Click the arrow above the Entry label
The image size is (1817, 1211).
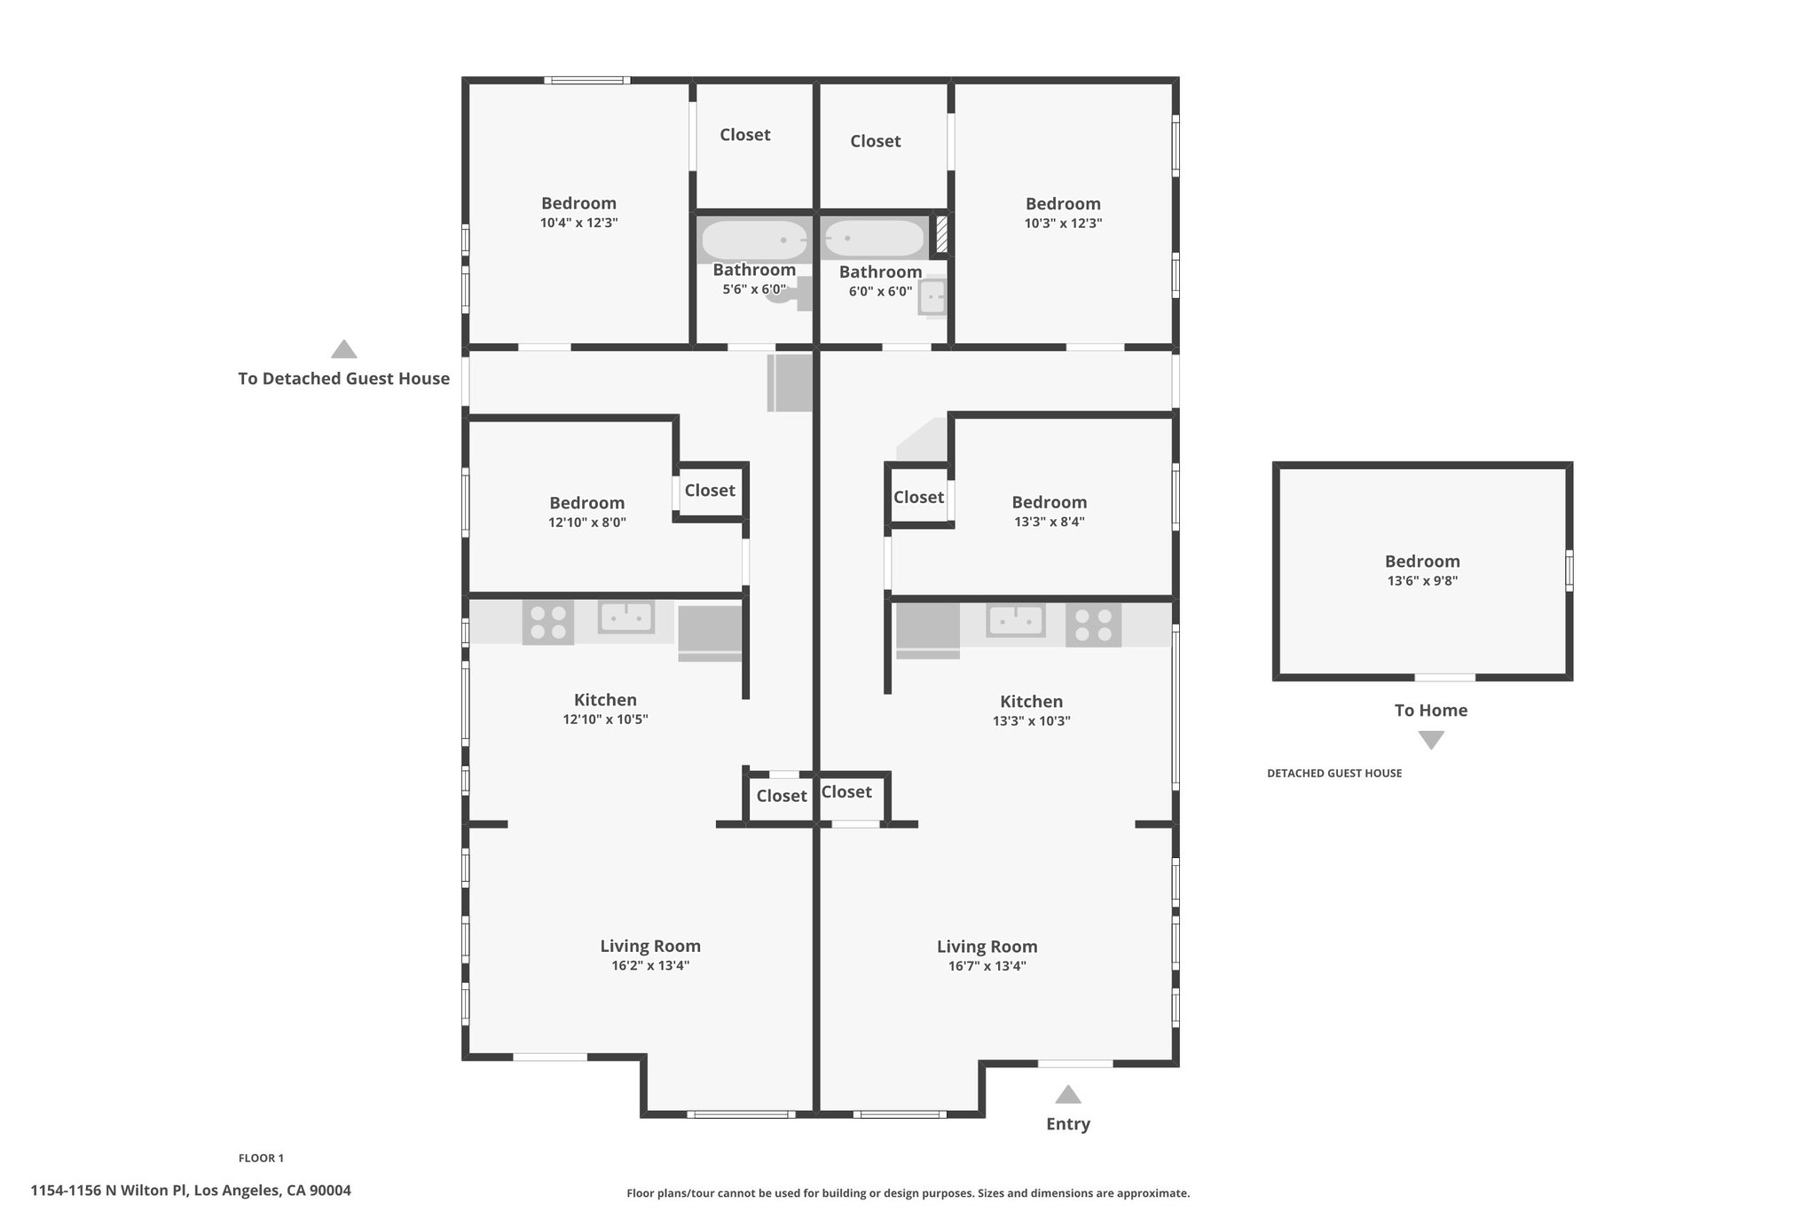[x=1067, y=1095]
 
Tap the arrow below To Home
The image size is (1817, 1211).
[x=1431, y=740]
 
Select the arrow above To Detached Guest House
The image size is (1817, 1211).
[x=343, y=349]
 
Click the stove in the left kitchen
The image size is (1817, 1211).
[x=547, y=622]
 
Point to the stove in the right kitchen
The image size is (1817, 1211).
[x=1093, y=625]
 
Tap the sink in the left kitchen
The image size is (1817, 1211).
[x=626, y=617]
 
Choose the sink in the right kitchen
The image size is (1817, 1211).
[x=1016, y=620]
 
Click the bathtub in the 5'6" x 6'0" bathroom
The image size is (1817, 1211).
[x=754, y=240]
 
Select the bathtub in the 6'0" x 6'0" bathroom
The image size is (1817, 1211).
[x=874, y=239]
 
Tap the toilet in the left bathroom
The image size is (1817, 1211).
[x=791, y=294]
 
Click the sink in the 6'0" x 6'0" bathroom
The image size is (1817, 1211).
[x=932, y=297]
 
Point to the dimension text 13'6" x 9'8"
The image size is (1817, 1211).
[x=1422, y=581]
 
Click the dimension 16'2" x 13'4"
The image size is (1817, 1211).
[x=650, y=965]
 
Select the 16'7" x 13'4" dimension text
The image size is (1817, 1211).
[x=987, y=966]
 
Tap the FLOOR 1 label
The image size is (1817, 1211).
[x=261, y=1158]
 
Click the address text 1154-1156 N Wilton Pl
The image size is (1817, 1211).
[x=109, y=1191]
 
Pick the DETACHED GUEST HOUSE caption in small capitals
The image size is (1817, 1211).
[x=1334, y=773]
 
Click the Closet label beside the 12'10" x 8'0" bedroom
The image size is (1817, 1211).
[x=710, y=490]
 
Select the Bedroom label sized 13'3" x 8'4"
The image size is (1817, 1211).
[x=1049, y=502]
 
